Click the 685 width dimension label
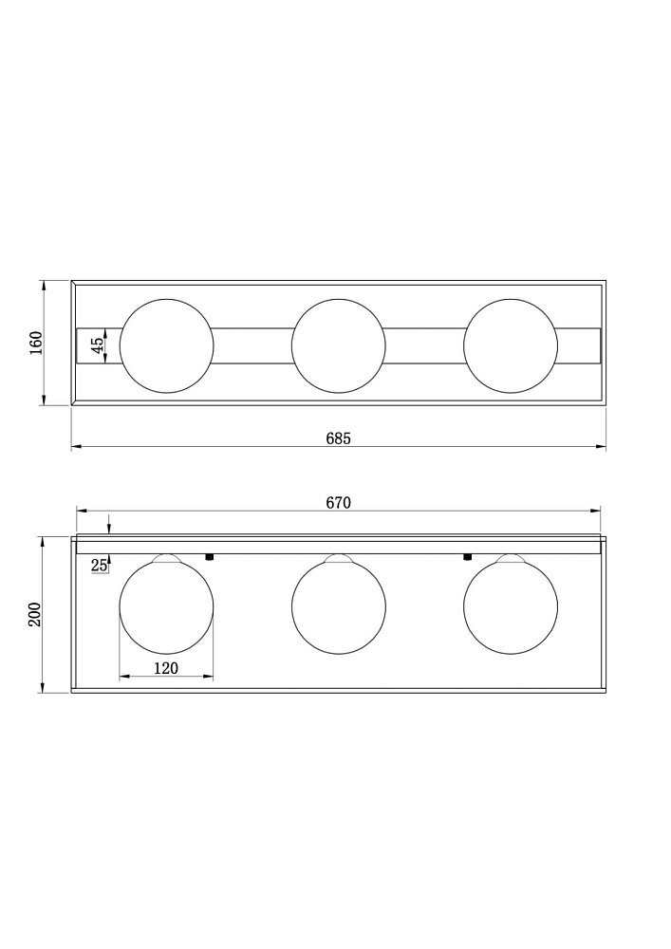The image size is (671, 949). (338, 438)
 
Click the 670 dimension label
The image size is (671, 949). (338, 503)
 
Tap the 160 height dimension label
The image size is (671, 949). (36, 344)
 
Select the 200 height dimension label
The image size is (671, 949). (35, 614)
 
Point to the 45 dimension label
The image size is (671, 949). (97, 345)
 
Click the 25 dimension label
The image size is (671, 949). (100, 566)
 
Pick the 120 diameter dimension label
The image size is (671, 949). (166, 668)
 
